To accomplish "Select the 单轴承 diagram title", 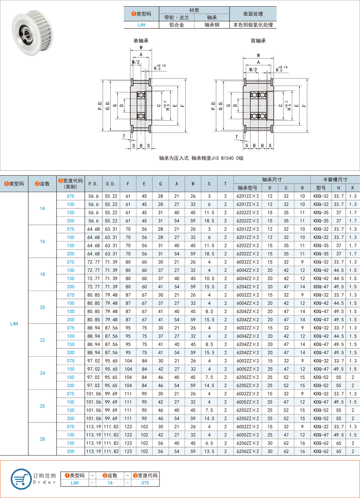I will pos(141,41).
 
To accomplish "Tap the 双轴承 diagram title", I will pos(258,41).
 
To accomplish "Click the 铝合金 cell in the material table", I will pos(176,25).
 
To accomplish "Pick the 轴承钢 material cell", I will pos(212,25).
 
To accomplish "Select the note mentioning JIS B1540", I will pos(201,158).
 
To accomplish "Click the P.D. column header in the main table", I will pos(93,184).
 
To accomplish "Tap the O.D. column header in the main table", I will pos(111,184).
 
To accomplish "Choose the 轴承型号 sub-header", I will pos(247,188).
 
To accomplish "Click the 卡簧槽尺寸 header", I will pos(335,179).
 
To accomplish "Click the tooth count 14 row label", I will pos(42,208).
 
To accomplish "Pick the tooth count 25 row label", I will pos(42,406).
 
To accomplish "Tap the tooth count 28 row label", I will pos(42,439).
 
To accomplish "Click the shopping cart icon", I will pos(20,479).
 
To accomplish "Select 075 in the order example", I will pos(145,483).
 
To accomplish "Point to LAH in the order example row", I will pos(74,483).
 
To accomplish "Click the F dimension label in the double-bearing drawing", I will pos(303,106).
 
